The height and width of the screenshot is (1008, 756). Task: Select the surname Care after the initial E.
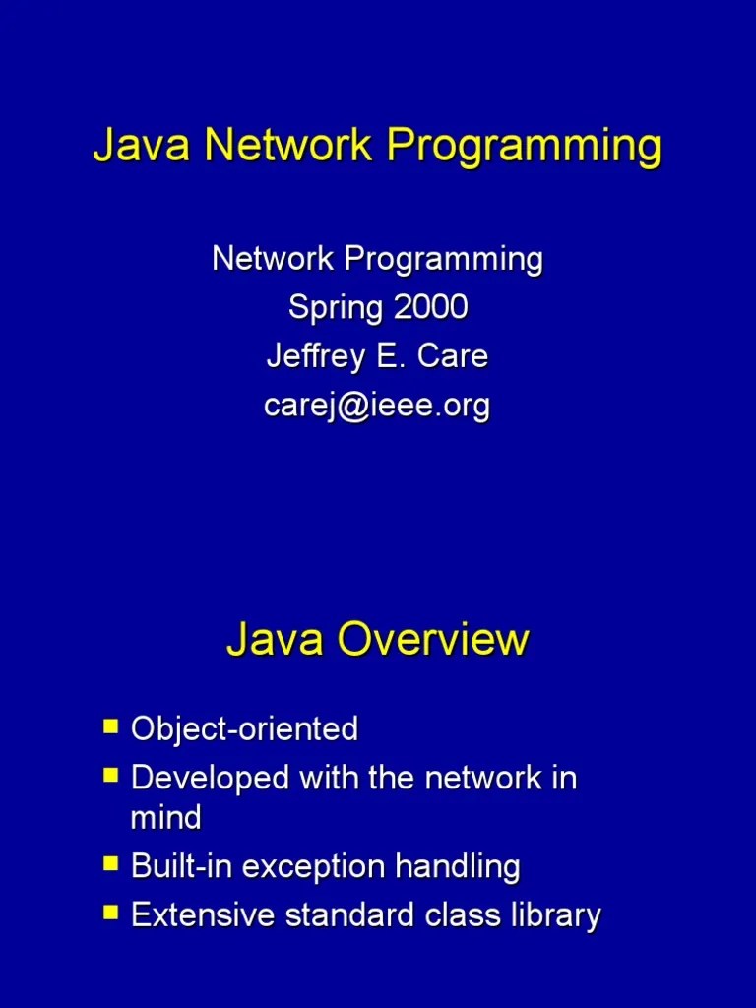tap(452, 356)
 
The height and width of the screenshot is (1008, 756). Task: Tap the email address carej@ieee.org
tap(377, 406)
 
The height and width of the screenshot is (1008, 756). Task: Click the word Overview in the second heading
tap(433, 640)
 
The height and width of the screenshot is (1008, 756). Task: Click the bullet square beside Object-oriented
tap(110, 727)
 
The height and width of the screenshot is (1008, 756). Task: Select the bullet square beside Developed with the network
tap(110, 777)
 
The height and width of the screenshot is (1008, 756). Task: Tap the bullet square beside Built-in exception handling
tap(110, 865)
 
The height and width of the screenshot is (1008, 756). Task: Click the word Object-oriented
tap(244, 729)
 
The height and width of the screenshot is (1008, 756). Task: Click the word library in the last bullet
tap(555, 916)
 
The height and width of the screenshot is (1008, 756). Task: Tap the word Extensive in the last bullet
tap(204, 915)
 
